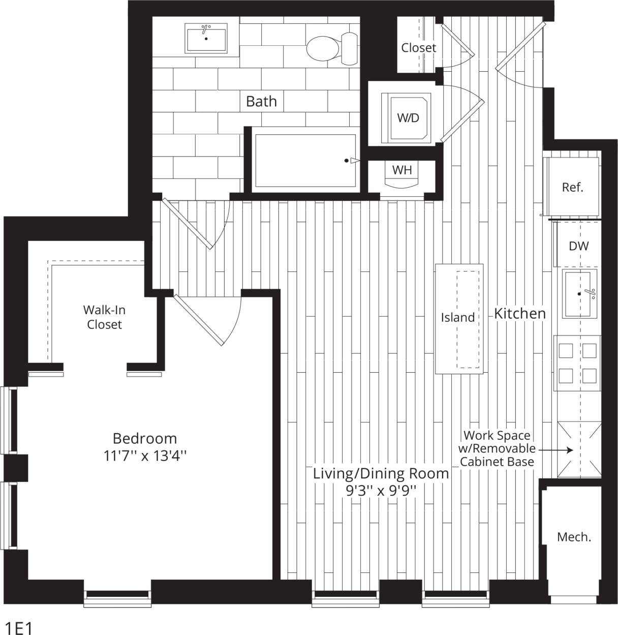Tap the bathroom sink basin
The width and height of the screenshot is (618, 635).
click(206, 39)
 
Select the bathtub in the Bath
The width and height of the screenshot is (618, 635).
click(305, 161)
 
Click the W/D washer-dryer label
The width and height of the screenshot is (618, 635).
click(408, 118)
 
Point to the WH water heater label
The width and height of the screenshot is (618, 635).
click(402, 170)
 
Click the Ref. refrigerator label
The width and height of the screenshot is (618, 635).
click(572, 187)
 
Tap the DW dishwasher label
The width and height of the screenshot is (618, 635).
click(578, 246)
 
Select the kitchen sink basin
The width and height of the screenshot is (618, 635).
click(579, 294)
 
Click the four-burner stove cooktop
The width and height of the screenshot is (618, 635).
click(577, 363)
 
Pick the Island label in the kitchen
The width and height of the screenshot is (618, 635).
click(457, 317)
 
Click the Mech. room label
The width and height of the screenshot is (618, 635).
click(574, 537)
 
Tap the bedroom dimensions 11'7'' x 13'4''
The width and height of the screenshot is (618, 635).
click(145, 456)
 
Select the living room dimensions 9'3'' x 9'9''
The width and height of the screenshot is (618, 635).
click(381, 491)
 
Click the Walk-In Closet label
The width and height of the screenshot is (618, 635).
click(104, 317)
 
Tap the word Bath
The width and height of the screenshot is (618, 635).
click(261, 101)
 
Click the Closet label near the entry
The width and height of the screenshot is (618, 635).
click(418, 48)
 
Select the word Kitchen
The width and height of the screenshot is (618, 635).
click(520, 313)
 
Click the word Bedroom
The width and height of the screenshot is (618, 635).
click(145, 438)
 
